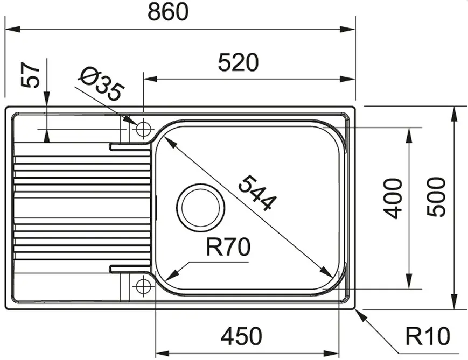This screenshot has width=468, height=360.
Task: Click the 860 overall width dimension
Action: [168, 11]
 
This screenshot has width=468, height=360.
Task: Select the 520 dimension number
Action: [238, 62]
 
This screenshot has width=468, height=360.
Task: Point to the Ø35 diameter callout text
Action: [101, 84]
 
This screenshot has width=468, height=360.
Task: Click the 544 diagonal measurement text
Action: [257, 193]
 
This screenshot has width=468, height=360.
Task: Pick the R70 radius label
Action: [228, 247]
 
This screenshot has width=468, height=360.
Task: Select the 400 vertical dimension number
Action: [393, 199]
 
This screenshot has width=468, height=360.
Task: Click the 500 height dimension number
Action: [436, 197]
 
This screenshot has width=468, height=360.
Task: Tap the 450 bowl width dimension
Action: [241, 336]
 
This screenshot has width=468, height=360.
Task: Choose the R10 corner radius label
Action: [428, 336]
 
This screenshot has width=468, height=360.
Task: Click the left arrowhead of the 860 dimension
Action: [13, 29]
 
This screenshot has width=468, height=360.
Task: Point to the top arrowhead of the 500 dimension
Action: [455, 114]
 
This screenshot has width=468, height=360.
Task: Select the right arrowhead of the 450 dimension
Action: [332, 354]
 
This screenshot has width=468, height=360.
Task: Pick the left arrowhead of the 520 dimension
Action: [150, 79]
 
